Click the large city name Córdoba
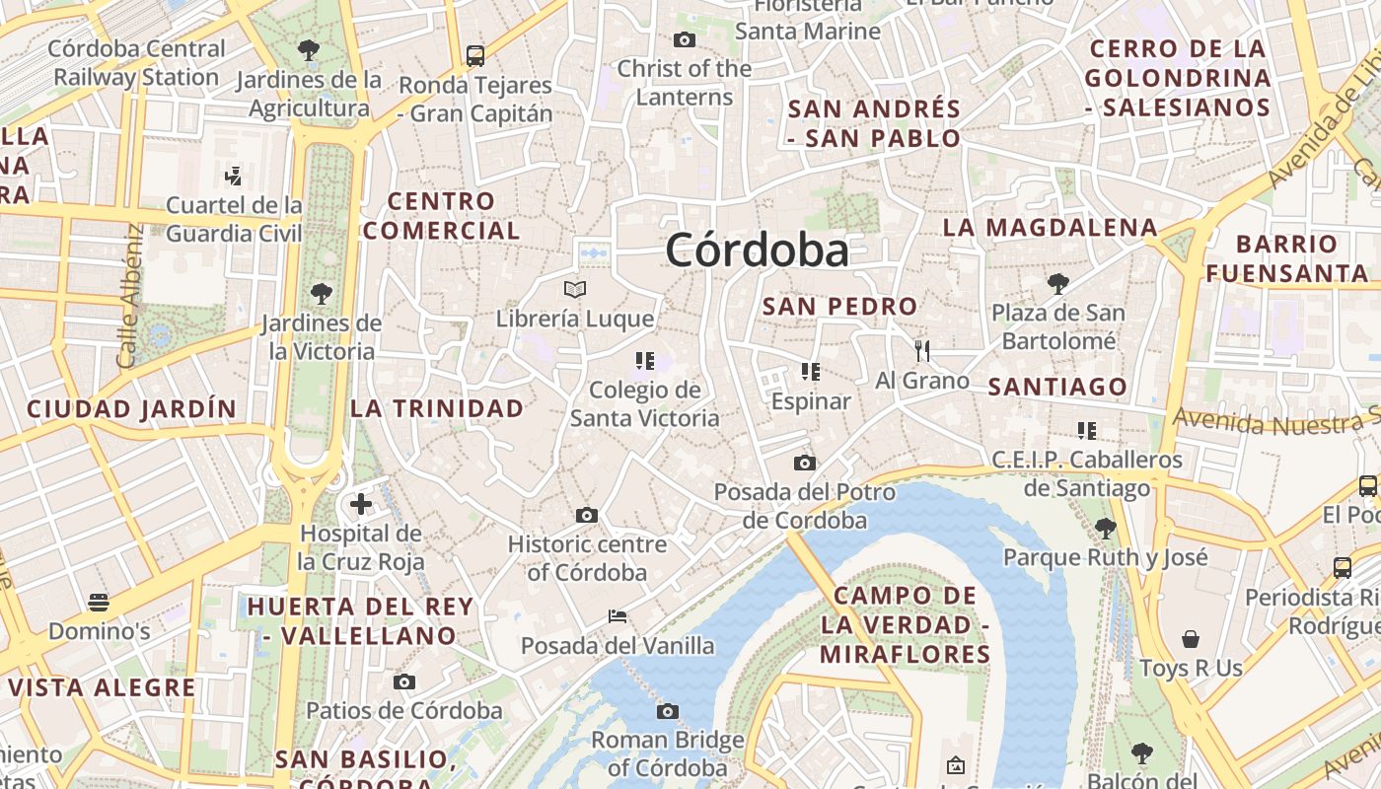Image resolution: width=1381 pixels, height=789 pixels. (757, 251)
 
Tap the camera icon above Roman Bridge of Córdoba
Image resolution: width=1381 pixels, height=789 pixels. (668, 711)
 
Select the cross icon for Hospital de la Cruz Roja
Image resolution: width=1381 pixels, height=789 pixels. (361, 504)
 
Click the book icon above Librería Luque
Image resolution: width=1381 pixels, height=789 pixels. (575, 289)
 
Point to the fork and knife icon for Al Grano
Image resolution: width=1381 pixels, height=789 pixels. (922, 350)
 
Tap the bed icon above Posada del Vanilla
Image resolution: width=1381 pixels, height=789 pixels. (618, 616)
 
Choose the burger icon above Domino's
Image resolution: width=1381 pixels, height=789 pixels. (98, 602)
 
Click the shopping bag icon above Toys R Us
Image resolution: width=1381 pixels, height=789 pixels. (1191, 639)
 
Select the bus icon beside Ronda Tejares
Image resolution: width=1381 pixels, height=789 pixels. (475, 55)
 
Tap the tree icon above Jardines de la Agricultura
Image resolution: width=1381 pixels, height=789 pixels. (309, 49)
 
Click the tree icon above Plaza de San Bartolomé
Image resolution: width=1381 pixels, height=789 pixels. (1057, 284)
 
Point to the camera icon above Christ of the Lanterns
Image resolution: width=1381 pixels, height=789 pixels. (684, 39)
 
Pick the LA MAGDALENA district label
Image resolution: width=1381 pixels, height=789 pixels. (1051, 228)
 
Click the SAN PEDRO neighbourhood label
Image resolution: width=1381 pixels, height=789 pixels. (840, 306)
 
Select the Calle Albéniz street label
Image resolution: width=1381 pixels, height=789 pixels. (129, 296)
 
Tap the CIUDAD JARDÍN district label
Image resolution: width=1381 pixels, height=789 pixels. (131, 408)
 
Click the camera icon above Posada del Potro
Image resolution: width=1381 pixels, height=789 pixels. (805, 463)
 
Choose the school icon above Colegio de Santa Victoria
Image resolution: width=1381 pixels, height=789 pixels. (645, 361)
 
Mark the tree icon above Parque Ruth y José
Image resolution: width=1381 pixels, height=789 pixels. (1105, 528)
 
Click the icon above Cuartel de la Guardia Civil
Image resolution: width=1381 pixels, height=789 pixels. (234, 177)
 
